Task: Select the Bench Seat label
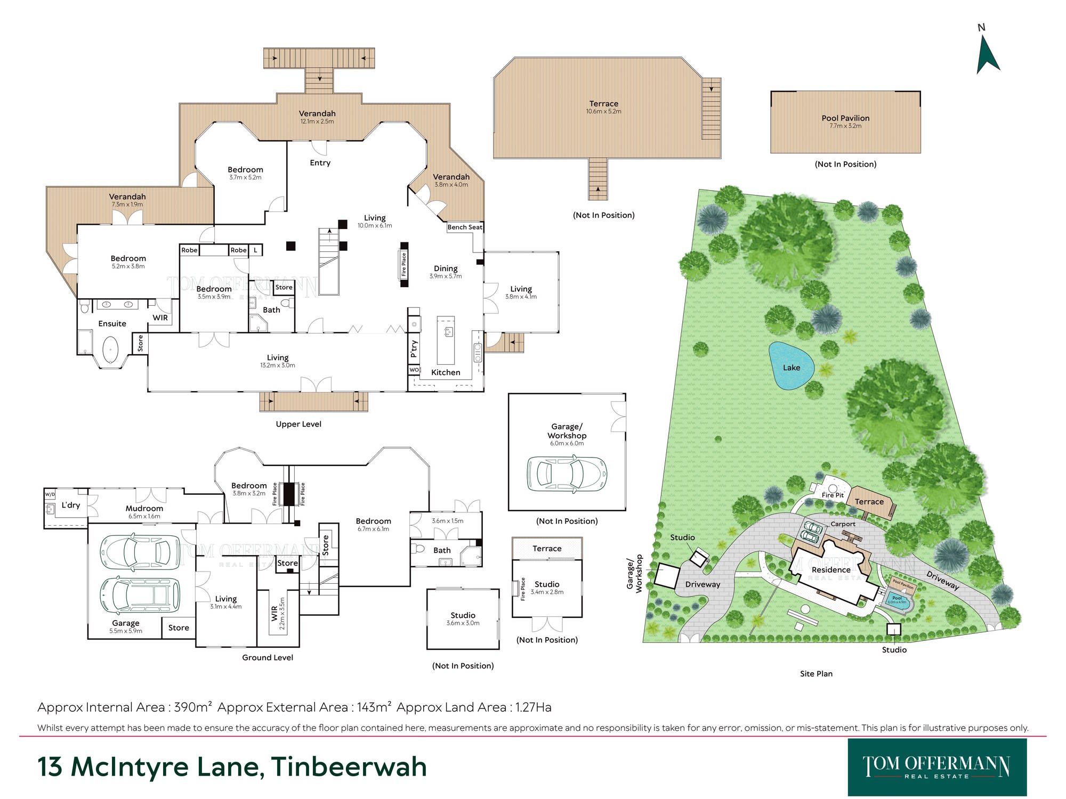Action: pos(465,227)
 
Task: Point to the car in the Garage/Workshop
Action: pos(567,473)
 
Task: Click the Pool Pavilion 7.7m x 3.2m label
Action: pos(845,121)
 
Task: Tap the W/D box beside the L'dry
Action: pos(50,494)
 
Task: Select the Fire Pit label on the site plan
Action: pos(832,495)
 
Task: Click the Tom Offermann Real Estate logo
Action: pos(936,767)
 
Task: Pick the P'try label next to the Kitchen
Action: pos(414,348)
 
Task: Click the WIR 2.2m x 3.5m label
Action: pos(278,613)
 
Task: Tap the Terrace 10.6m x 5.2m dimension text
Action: pos(603,112)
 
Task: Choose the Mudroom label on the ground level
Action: pos(144,508)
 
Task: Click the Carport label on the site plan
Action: pos(843,524)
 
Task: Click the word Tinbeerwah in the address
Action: pos(349,767)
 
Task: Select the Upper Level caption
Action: pos(298,424)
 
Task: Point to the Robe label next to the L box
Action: pos(238,250)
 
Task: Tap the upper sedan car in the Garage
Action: pos(140,551)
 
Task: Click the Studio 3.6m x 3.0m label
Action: pos(463,618)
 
